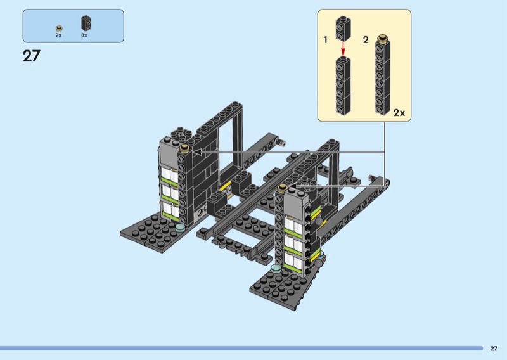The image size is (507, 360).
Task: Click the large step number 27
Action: (x=32, y=56)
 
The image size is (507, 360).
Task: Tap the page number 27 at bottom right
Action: (x=494, y=349)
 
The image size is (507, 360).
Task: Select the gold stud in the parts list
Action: (x=59, y=29)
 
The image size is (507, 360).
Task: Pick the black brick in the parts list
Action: (x=86, y=23)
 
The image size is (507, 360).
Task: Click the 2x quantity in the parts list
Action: (x=58, y=35)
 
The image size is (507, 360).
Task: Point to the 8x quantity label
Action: (x=84, y=35)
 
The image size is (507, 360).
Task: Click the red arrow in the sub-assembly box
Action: (x=343, y=49)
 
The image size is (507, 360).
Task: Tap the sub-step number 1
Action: (x=325, y=40)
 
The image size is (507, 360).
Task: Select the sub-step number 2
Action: (x=366, y=40)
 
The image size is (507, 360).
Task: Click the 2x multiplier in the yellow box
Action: (x=399, y=113)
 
